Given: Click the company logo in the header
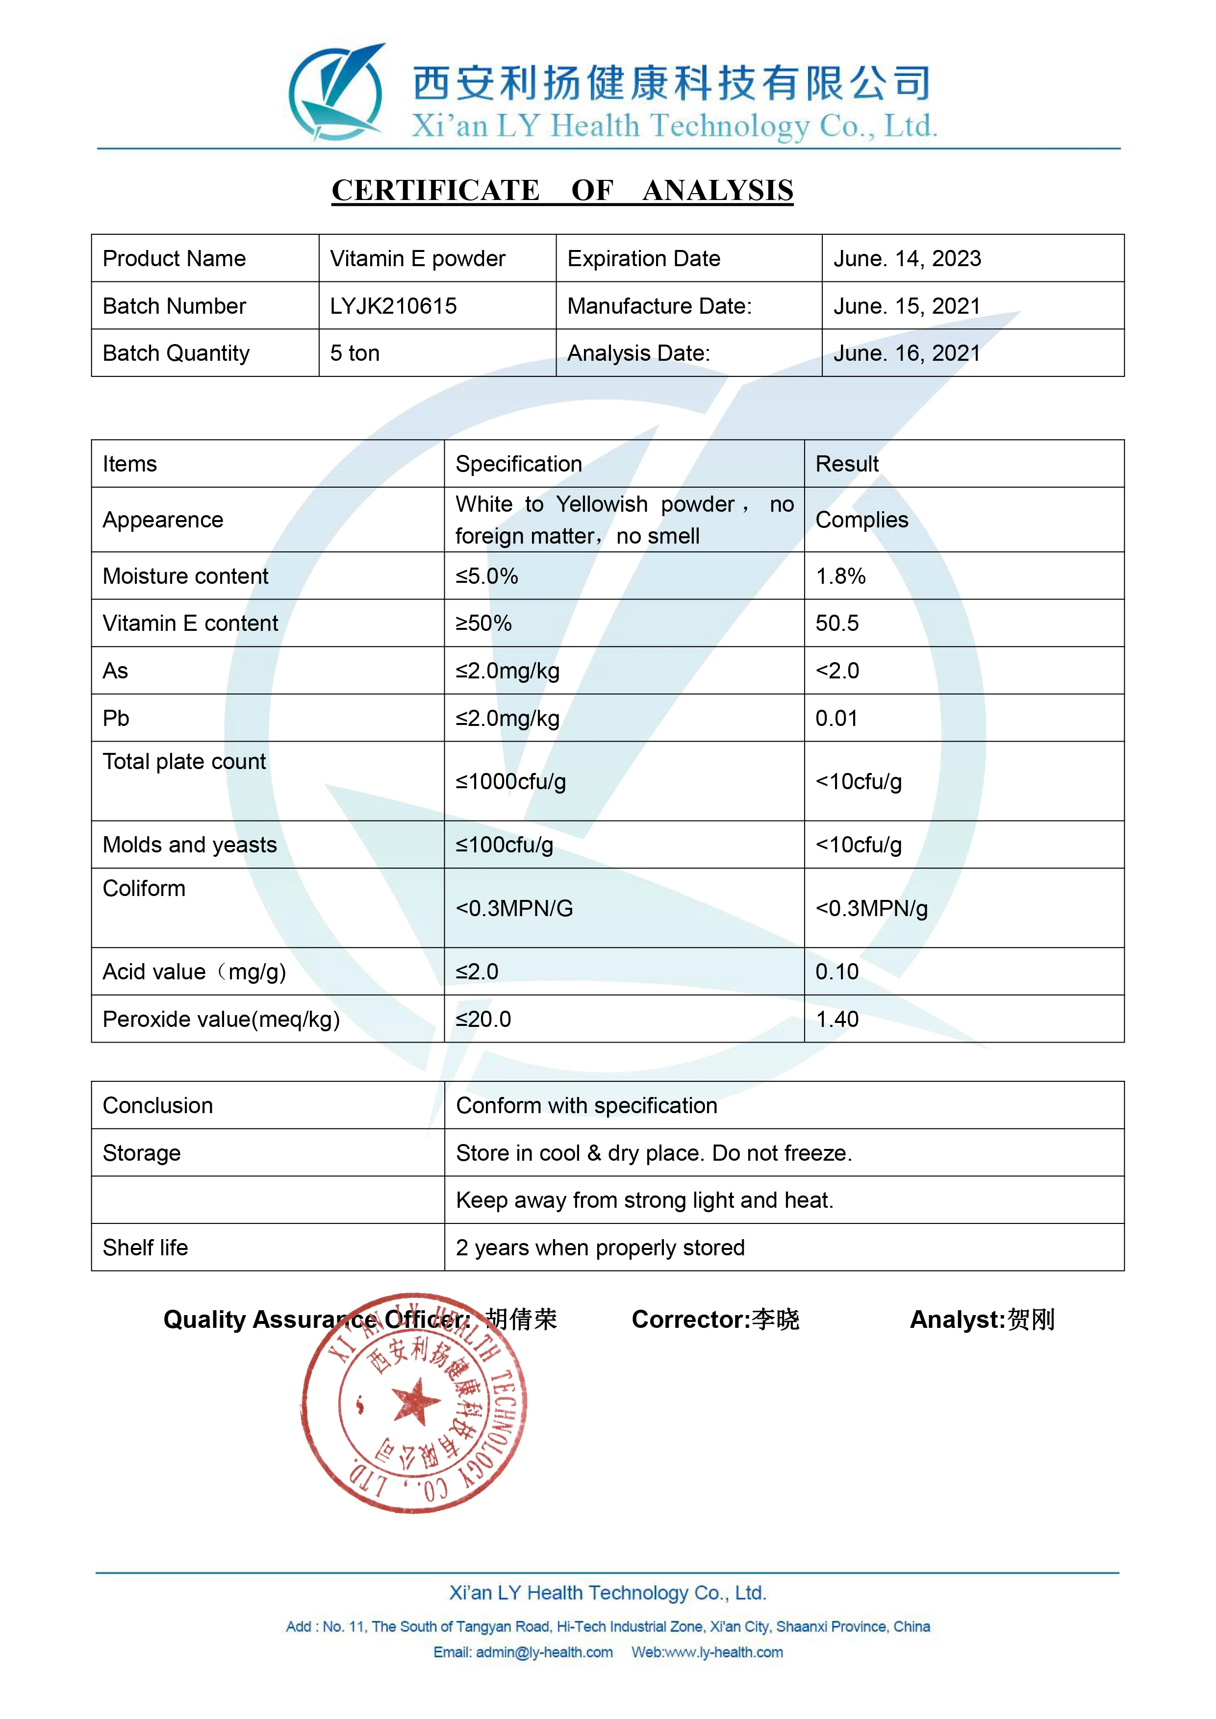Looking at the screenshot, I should click(x=337, y=94).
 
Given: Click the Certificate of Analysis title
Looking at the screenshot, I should click(x=562, y=191).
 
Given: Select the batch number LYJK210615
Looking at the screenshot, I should click(x=393, y=306).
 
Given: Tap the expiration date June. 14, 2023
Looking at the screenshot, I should click(x=907, y=259).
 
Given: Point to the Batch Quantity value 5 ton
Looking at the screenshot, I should click(x=355, y=353).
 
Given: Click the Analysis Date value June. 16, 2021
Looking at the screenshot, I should click(x=907, y=353).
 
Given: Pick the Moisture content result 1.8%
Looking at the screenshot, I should click(x=840, y=576).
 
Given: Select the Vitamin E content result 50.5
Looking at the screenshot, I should click(x=837, y=623).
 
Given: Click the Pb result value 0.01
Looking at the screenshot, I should click(x=836, y=719).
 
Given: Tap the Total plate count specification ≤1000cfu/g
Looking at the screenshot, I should click(x=510, y=782).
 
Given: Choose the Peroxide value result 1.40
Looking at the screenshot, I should click(x=837, y=1020).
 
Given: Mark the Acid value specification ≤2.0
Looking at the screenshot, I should click(x=477, y=972).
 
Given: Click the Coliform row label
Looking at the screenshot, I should click(x=144, y=889).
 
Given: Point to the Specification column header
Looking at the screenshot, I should click(x=519, y=464).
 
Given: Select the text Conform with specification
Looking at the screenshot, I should click(x=586, y=1106).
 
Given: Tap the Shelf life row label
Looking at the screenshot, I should click(x=145, y=1248).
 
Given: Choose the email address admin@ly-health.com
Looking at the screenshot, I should click(x=544, y=1652).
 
